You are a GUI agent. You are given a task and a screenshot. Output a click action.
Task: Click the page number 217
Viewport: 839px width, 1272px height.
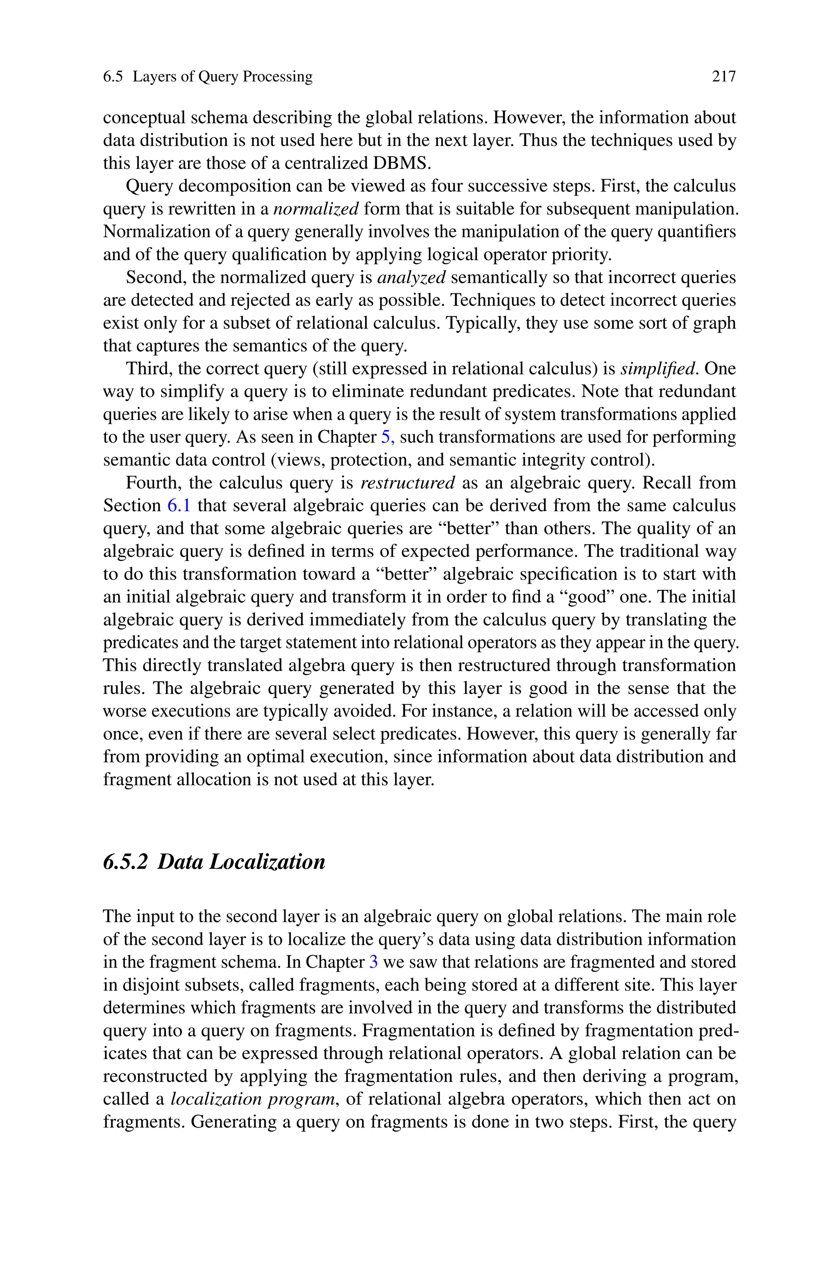point(723,77)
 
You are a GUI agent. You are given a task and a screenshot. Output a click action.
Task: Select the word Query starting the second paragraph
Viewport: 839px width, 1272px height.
point(149,186)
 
